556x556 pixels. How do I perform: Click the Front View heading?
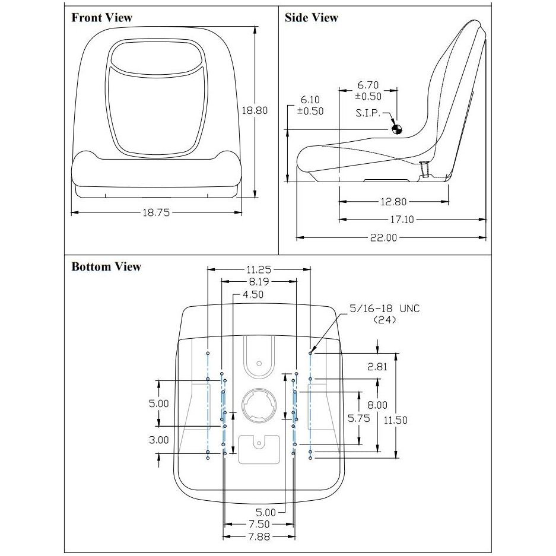[102, 17]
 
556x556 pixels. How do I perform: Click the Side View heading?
[312, 17]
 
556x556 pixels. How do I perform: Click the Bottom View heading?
[106, 266]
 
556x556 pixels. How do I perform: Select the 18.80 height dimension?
[255, 110]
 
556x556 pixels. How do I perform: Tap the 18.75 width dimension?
[156, 213]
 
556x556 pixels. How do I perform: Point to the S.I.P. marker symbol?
[397, 130]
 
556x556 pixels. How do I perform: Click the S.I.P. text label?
[368, 113]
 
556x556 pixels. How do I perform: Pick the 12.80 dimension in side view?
[393, 202]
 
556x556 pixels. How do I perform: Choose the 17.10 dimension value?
[402, 220]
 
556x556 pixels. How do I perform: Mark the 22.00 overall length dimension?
[384, 237]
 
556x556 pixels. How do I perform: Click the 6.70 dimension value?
[368, 85]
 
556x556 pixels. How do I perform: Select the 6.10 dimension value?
[310, 100]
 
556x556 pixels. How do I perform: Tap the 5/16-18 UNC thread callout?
[385, 309]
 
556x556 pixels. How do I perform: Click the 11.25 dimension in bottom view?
[259, 270]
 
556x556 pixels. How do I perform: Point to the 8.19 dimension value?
[259, 282]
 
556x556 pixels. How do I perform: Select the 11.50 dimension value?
[396, 420]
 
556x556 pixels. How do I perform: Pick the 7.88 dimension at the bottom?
[259, 537]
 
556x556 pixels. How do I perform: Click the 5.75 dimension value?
[359, 418]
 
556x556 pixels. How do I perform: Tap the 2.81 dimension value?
[377, 367]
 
